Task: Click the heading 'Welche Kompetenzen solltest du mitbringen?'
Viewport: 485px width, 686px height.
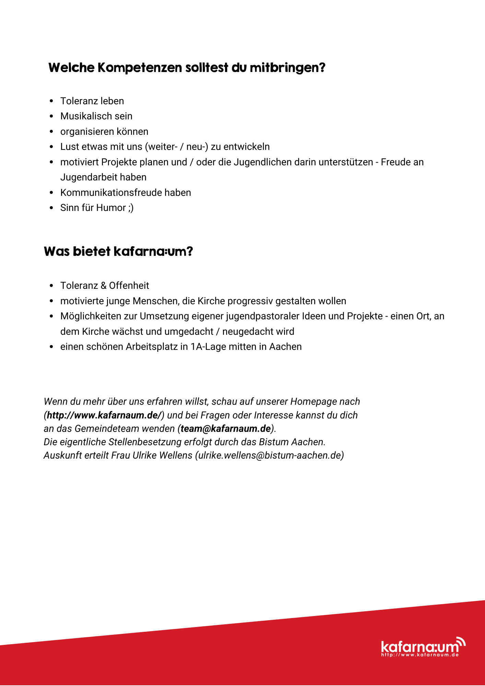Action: point(187,68)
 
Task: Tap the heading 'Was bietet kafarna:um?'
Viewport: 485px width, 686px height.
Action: point(118,251)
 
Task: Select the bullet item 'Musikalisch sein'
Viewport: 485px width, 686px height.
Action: point(96,116)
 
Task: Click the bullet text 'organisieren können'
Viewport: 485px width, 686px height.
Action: point(104,132)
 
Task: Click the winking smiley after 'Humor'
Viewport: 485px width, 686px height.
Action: point(131,208)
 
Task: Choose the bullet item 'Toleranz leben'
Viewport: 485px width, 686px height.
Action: point(92,101)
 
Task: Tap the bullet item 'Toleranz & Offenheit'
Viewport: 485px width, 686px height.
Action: point(105,286)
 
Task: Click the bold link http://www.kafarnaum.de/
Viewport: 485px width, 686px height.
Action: point(104,415)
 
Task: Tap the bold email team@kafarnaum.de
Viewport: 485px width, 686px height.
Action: point(226,429)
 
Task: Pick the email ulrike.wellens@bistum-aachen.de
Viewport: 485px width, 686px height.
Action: point(269,456)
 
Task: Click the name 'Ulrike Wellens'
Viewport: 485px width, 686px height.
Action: point(162,456)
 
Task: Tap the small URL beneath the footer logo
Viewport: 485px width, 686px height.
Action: point(420,655)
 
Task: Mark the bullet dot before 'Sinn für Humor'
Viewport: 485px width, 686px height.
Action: point(51,208)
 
